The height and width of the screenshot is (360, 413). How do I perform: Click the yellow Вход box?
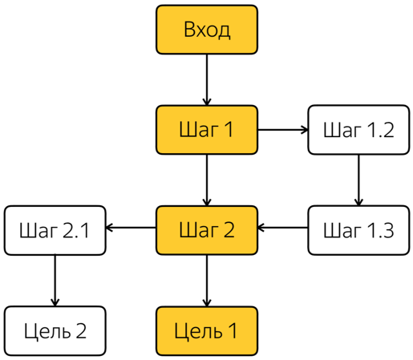(207, 30)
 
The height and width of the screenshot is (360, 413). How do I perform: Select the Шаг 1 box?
(207, 130)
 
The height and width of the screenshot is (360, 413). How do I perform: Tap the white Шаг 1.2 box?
(358, 130)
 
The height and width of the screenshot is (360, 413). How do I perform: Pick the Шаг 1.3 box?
(358, 230)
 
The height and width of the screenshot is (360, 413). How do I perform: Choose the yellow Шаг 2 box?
(207, 230)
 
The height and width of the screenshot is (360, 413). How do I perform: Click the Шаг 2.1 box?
(55, 230)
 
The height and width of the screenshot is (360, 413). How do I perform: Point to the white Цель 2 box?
(55, 331)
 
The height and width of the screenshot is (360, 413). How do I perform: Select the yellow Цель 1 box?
(207, 331)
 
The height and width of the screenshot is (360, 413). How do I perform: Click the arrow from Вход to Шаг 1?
(207, 80)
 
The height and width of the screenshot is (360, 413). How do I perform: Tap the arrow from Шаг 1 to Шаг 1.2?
(283, 130)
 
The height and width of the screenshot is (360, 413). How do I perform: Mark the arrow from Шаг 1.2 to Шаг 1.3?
(358, 180)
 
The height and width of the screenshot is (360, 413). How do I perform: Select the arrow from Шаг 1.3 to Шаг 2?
(282, 228)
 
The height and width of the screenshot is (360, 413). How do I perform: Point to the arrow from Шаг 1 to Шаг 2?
(207, 180)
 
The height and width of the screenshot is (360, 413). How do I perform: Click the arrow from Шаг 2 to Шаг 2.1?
(131, 228)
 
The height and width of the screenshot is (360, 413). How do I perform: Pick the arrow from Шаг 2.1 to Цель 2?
(55, 281)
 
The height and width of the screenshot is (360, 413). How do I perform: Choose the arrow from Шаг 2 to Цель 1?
(207, 281)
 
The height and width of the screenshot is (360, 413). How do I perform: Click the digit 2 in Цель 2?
(80, 330)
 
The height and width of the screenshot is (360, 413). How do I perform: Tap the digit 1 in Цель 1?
(233, 330)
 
